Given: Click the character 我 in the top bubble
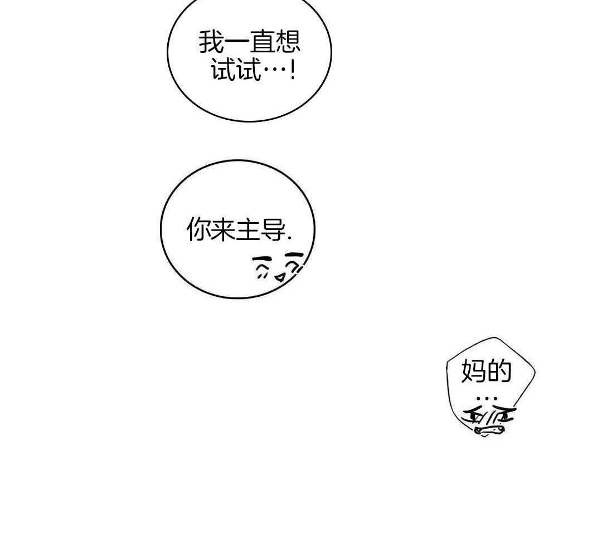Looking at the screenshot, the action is (212, 42).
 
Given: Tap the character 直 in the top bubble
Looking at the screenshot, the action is (263, 42).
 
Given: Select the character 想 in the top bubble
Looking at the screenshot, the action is (288, 42).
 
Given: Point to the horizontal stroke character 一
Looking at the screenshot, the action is (237, 42).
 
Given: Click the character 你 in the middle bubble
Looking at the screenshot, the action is (198, 229).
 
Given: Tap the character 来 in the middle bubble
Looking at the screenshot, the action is (223, 229).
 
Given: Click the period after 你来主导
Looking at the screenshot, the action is (289, 238).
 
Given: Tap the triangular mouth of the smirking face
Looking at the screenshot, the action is (279, 276).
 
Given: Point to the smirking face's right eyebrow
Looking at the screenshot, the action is (294, 255).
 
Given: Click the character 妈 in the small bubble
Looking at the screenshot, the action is (474, 371).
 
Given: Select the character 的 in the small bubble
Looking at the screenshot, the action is (499, 371).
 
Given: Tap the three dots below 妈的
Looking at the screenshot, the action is (486, 399).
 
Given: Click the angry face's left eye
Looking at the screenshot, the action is (477, 415).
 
